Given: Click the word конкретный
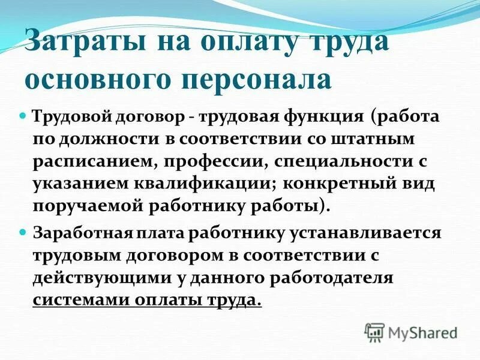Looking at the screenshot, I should [344, 183].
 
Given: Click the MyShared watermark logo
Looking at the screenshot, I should [412, 332].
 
